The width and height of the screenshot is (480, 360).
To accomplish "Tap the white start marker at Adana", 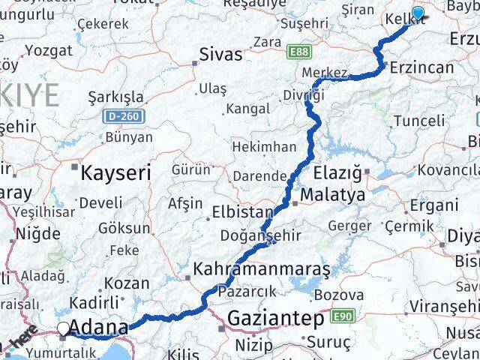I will click(64, 328).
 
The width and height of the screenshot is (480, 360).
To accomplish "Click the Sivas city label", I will click(221, 55).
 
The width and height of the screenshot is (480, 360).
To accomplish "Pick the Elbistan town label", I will click(240, 211).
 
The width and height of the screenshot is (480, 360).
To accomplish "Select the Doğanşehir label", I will click(261, 235).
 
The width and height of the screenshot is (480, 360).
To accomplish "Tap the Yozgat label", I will click(48, 52).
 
